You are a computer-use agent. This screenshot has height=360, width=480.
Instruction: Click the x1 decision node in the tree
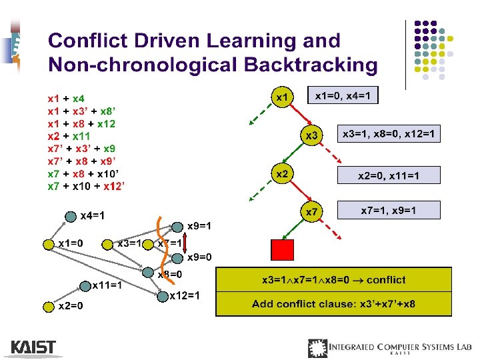pyautogui.click(x=282, y=97)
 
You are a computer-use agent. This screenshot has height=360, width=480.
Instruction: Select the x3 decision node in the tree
pyautogui.click(x=311, y=136)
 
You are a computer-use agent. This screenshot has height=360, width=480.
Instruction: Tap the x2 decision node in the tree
pyautogui.click(x=282, y=174)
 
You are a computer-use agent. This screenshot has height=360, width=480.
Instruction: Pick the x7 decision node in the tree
pyautogui.click(x=311, y=213)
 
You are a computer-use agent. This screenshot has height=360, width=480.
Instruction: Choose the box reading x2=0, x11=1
pyautogui.click(x=389, y=175)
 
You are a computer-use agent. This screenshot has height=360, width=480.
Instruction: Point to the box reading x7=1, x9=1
pyautogui.click(x=389, y=210)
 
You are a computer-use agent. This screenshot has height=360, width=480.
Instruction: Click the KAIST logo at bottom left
pyautogui.click(x=33, y=347)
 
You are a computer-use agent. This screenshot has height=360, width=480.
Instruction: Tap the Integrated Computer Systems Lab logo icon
pyautogui.click(x=317, y=348)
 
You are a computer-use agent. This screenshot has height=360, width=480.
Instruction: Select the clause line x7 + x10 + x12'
pyautogui.click(x=87, y=185)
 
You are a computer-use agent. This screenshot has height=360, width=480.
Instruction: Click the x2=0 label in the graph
pyautogui.click(x=71, y=307)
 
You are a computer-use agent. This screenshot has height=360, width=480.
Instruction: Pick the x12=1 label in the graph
pyautogui.click(x=185, y=295)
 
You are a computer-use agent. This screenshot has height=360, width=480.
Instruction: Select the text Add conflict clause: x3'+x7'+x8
pyautogui.click(x=333, y=304)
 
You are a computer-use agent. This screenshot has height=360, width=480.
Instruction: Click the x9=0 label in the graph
pyautogui.click(x=199, y=257)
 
